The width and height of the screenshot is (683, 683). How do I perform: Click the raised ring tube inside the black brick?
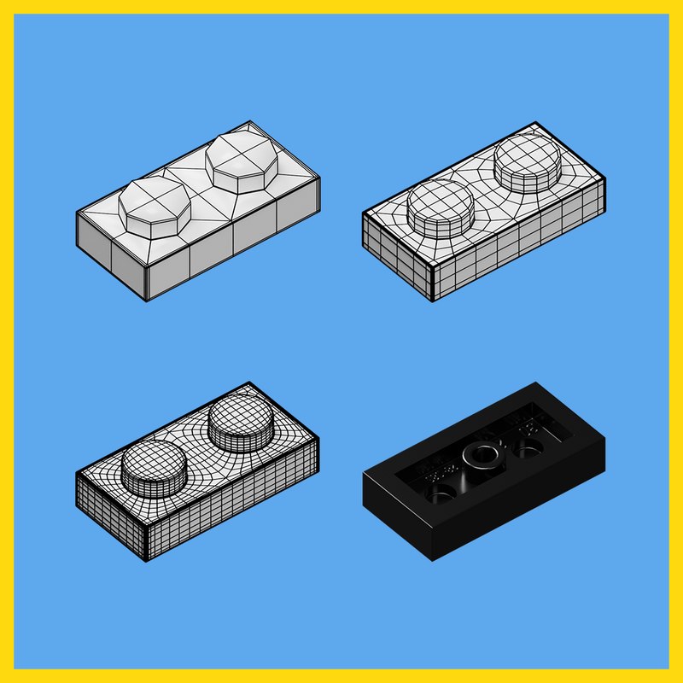485,455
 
